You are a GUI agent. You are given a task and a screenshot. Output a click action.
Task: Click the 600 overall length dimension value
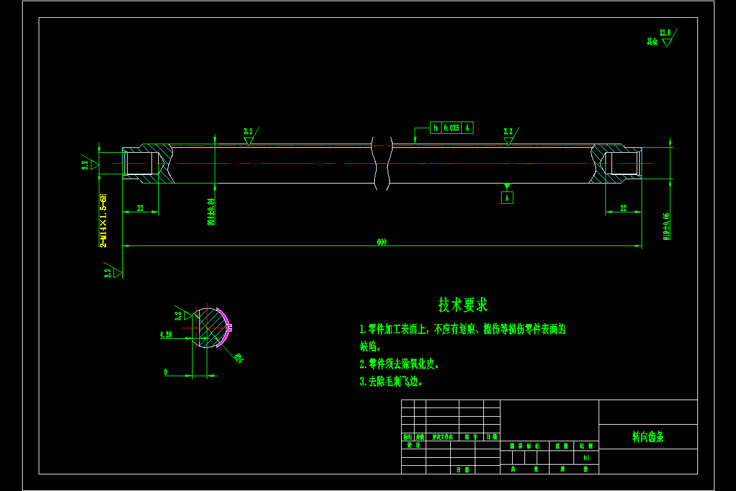point(381,242)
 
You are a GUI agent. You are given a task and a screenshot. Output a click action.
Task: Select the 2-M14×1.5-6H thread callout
point(104,220)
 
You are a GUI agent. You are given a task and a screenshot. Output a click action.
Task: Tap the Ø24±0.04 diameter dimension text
point(212,212)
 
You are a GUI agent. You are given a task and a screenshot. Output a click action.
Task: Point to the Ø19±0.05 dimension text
point(666,226)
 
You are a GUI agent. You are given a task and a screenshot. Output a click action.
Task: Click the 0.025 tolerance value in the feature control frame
point(451,128)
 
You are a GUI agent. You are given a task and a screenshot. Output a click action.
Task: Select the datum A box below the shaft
point(507,198)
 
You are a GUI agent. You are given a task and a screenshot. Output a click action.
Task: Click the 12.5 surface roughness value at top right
point(665,33)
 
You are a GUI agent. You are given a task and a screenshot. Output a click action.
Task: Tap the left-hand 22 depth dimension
point(140,209)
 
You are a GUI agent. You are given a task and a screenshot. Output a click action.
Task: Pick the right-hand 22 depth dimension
point(623,209)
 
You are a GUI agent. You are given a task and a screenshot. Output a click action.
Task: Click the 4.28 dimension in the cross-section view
point(166,335)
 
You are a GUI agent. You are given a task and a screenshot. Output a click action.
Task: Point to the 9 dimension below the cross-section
point(166,372)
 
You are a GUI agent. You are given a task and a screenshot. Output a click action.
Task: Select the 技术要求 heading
point(463,304)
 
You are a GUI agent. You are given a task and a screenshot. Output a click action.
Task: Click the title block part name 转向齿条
point(648,437)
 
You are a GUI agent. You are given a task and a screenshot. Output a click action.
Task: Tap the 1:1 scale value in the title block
point(586,458)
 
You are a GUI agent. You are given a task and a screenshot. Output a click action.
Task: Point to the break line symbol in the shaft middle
point(381,163)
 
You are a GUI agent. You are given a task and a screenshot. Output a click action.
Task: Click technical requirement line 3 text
point(391,382)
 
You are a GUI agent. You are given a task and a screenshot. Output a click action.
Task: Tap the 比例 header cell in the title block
point(586,446)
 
